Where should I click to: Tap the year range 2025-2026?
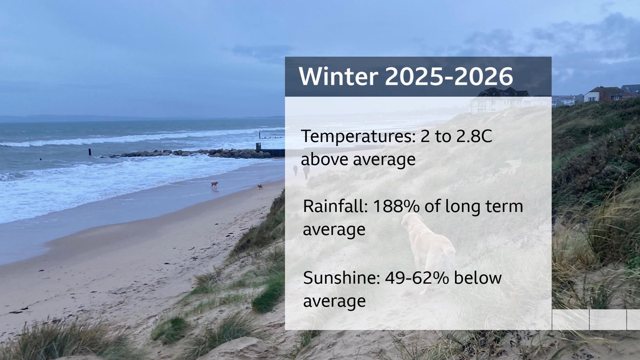[449, 77]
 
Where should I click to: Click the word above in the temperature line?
[327, 159]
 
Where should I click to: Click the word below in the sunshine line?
[482, 278]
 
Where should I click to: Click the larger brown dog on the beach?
[214, 185]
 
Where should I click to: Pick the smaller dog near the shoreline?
[260, 187]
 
